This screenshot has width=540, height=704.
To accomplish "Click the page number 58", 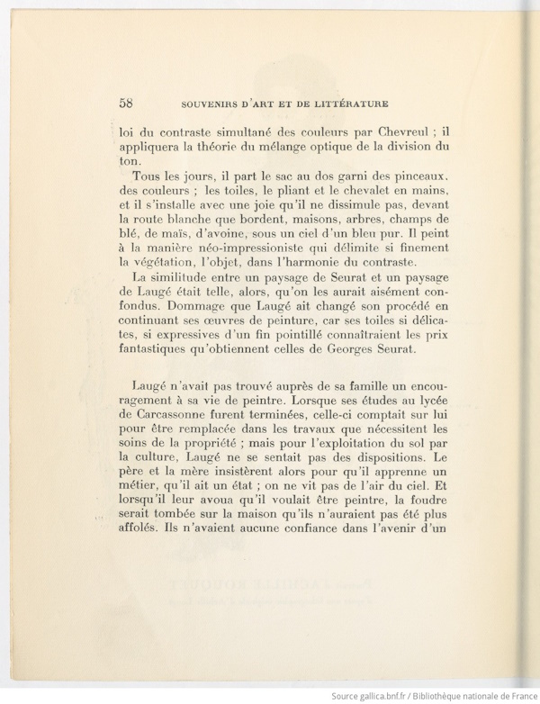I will click(x=126, y=101).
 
